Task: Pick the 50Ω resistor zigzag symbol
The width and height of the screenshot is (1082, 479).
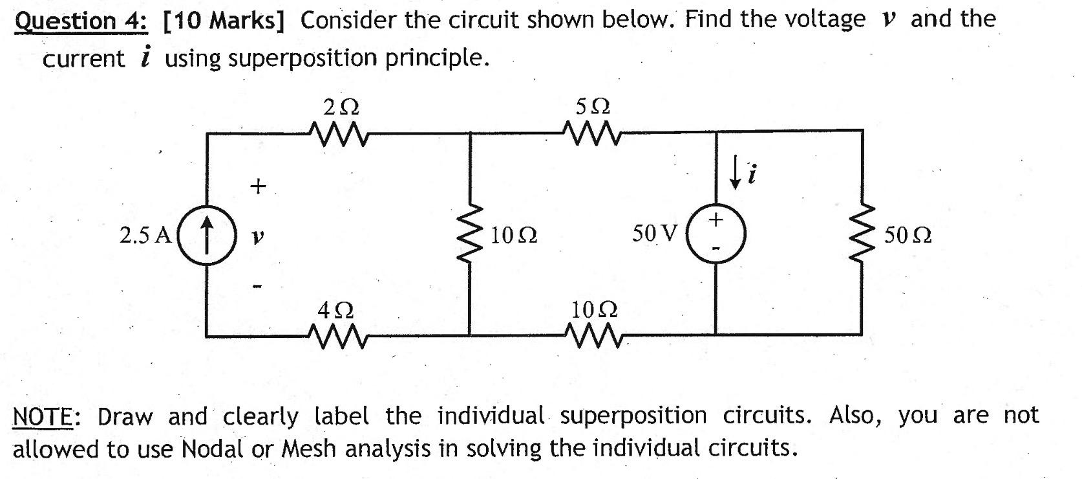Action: [x=863, y=234]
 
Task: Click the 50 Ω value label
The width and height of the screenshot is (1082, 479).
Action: [x=908, y=236]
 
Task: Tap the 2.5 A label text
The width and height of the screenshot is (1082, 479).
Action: [x=145, y=235]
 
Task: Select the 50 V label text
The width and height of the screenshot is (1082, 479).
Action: [x=655, y=233]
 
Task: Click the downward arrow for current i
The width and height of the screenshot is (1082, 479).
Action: [x=736, y=173]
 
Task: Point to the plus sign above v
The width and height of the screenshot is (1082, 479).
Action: [x=257, y=186]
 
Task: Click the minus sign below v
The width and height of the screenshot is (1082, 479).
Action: [x=257, y=285]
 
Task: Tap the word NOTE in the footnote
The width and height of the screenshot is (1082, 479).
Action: [x=43, y=416]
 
